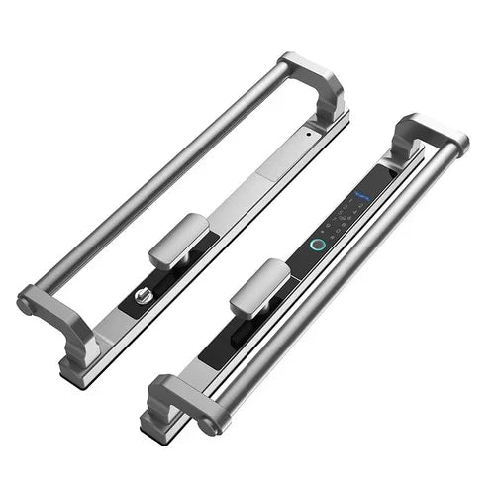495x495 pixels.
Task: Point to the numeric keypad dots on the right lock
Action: click(x=347, y=213)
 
